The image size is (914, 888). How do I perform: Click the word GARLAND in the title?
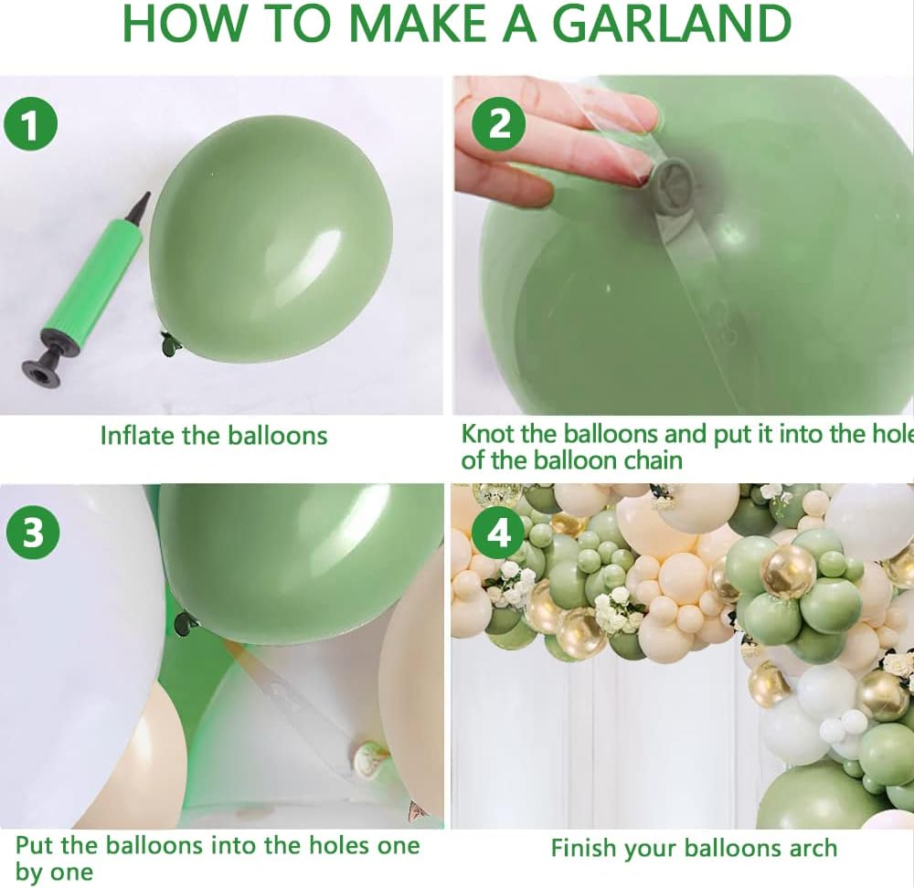click(671, 24)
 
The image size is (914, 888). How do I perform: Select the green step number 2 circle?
click(499, 124)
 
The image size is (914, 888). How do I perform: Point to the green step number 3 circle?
click(33, 533)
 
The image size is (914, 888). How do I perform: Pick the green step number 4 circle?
click(498, 533)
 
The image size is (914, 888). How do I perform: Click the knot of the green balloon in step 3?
click(186, 622)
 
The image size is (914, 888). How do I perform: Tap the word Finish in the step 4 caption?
click(584, 848)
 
